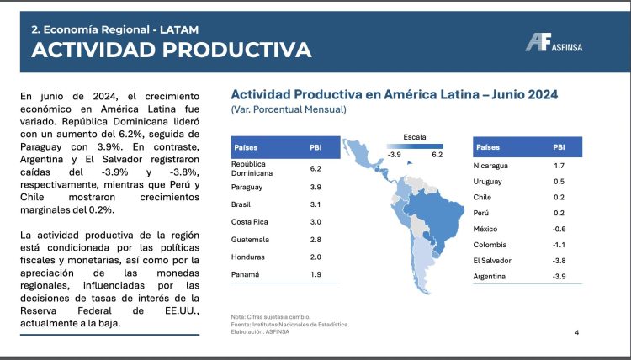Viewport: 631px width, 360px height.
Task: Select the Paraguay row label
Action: pyautogui.click(x=247, y=186)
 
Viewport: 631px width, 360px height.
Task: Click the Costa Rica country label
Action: pyautogui.click(x=250, y=222)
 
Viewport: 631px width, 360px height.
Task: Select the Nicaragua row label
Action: pyautogui.click(x=494, y=167)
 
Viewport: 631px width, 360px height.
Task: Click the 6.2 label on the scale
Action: pyautogui.click(x=437, y=155)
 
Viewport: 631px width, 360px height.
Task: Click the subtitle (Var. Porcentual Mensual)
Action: pyautogui.click(x=288, y=109)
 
